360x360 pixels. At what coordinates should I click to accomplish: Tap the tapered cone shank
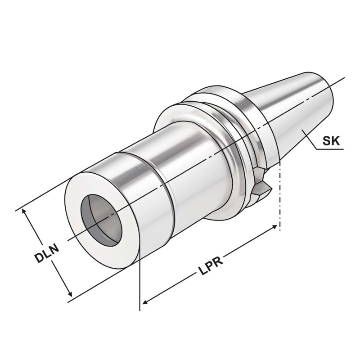[x=292, y=108]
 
